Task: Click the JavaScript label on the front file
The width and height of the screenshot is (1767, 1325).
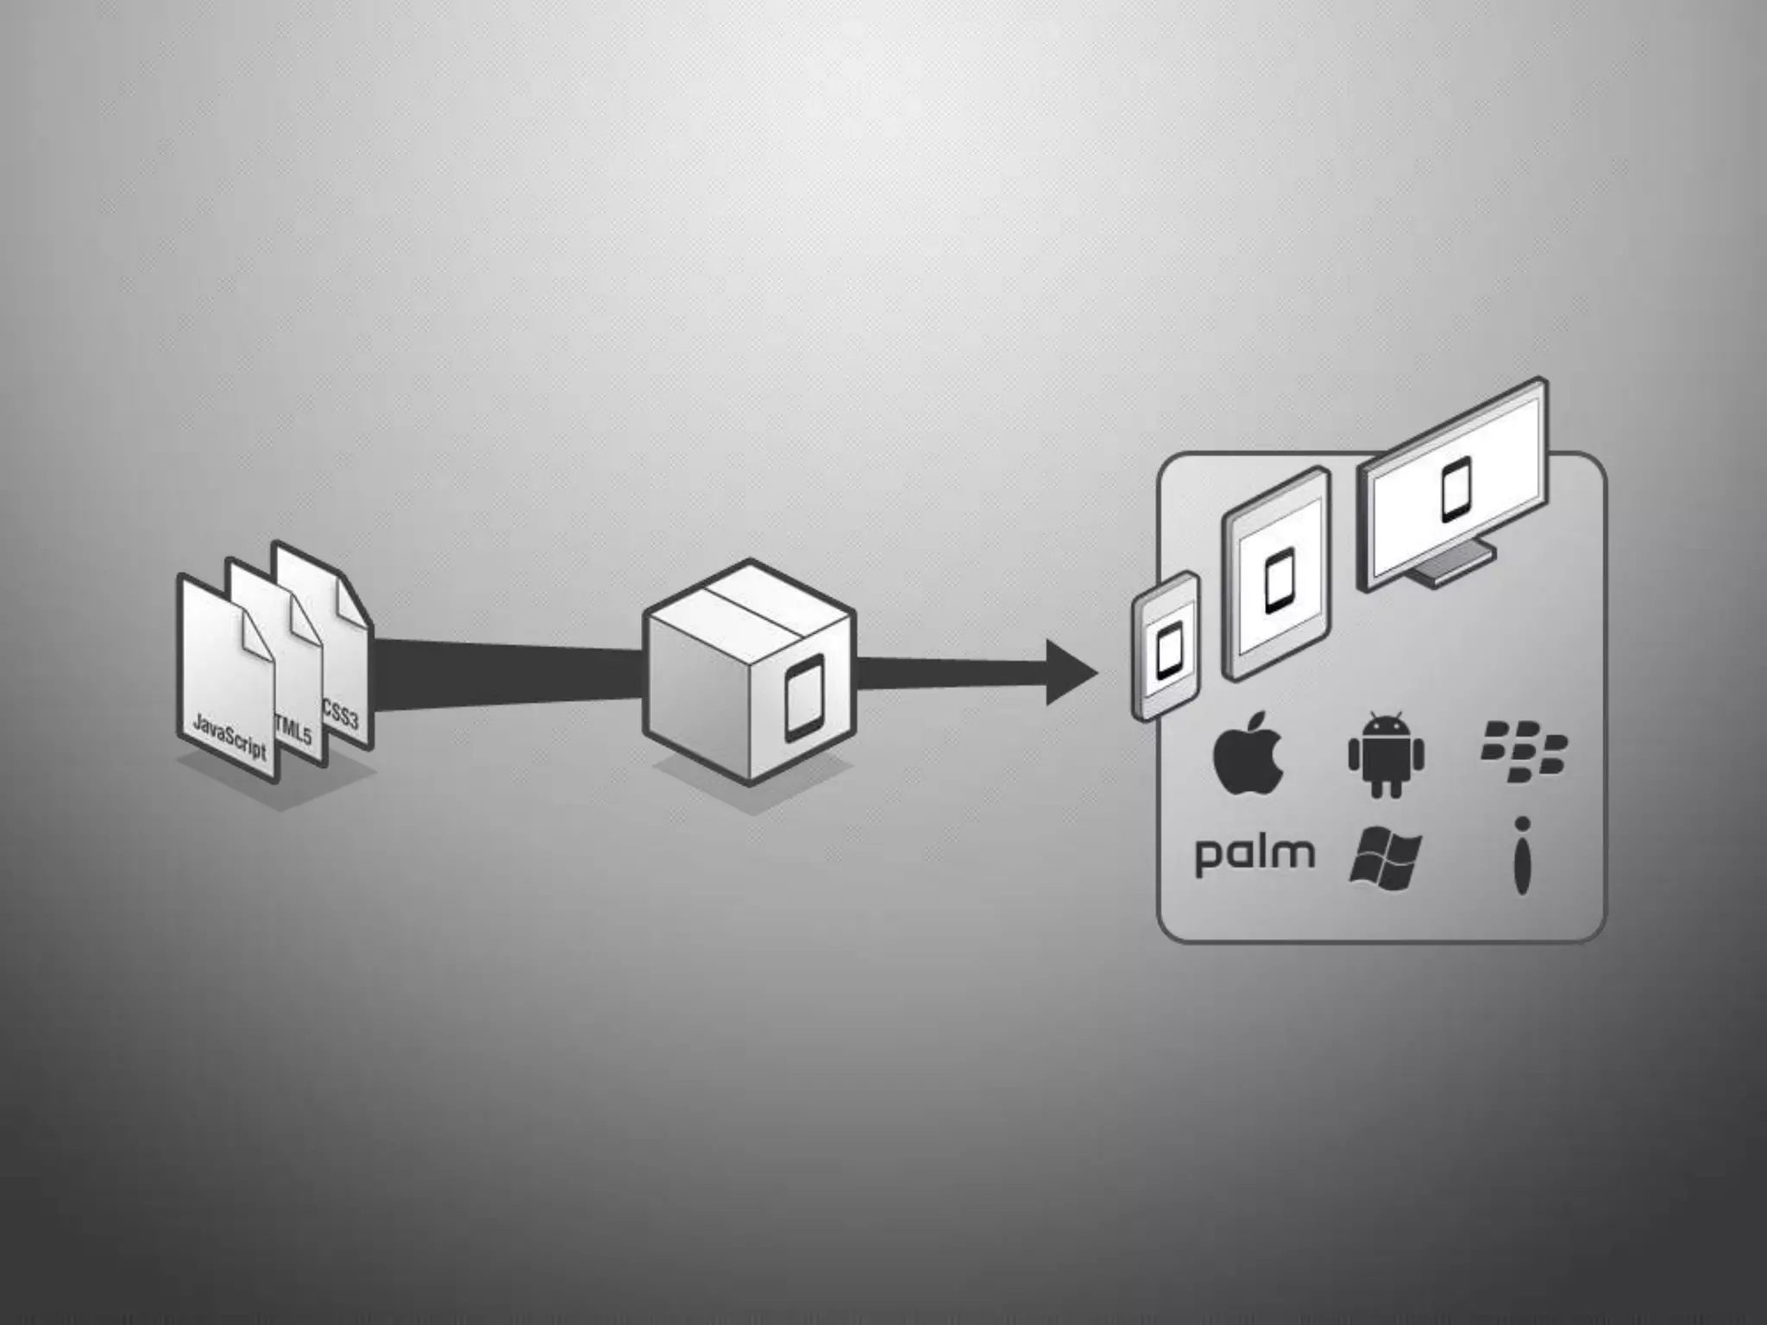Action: pos(230,736)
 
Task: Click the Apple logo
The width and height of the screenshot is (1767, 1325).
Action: pos(1248,753)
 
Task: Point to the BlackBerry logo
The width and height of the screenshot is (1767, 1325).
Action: pos(1524,751)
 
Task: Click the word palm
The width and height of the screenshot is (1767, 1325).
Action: pos(1255,854)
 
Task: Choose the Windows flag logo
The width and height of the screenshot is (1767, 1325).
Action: pos(1384,859)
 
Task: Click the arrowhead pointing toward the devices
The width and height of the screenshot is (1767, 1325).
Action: pos(1070,673)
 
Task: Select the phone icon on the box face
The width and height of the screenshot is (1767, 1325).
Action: pos(804,697)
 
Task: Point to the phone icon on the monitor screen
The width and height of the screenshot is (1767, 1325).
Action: pos(1456,490)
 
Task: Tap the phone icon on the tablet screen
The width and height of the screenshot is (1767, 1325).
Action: pos(1279,581)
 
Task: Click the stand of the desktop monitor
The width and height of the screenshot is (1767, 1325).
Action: pos(1449,565)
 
